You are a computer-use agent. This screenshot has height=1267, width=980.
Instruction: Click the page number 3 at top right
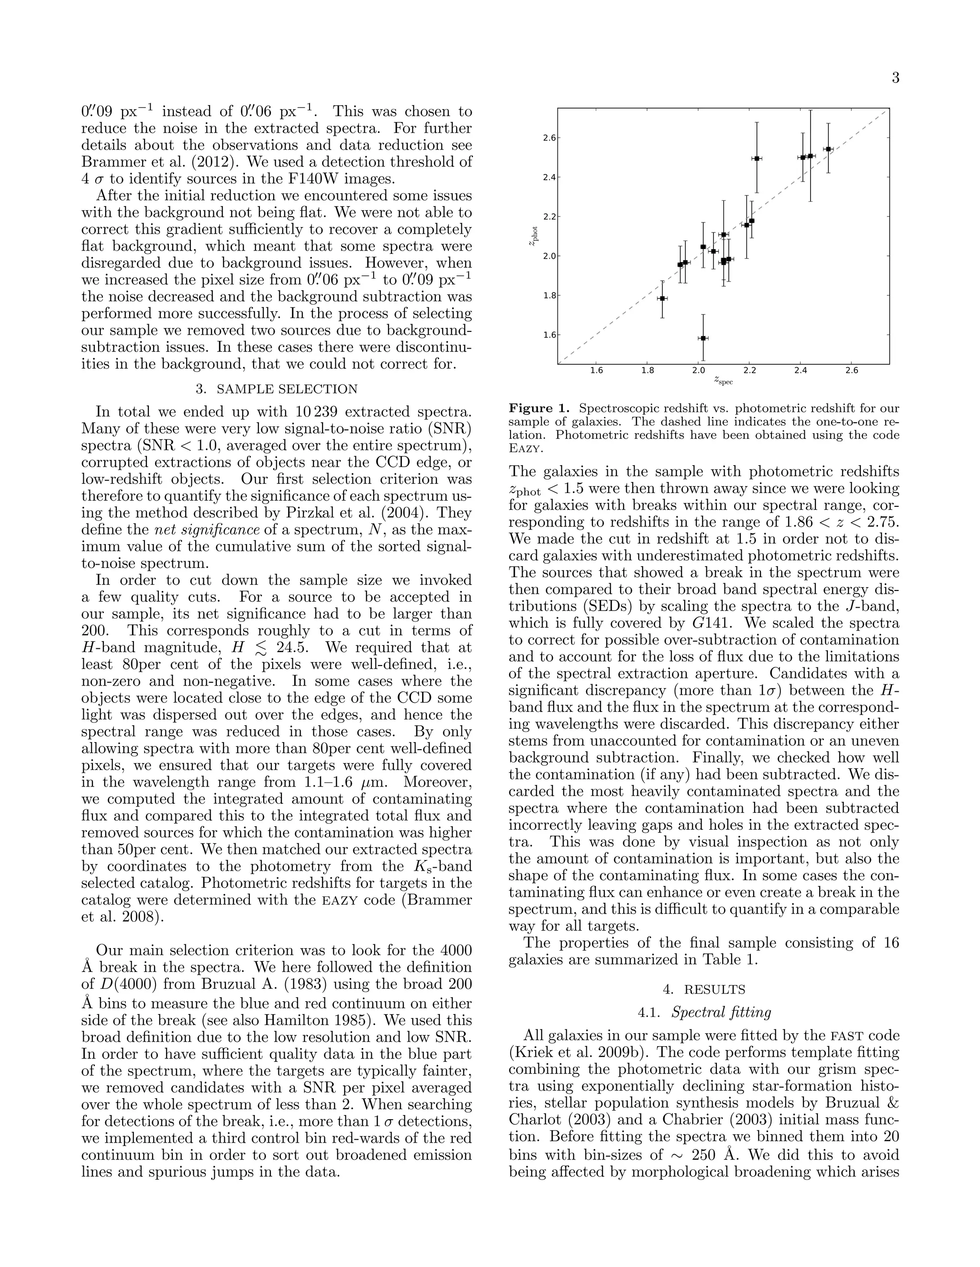(895, 78)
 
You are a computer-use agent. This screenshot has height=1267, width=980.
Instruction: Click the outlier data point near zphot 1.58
(703, 338)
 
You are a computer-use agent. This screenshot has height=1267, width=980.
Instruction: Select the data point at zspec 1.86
(662, 298)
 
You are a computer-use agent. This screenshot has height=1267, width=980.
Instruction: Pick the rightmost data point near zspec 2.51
(828, 149)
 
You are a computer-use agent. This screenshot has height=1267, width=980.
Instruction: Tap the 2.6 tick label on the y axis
(549, 138)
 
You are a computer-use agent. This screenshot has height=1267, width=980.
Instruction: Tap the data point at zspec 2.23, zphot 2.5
(757, 158)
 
